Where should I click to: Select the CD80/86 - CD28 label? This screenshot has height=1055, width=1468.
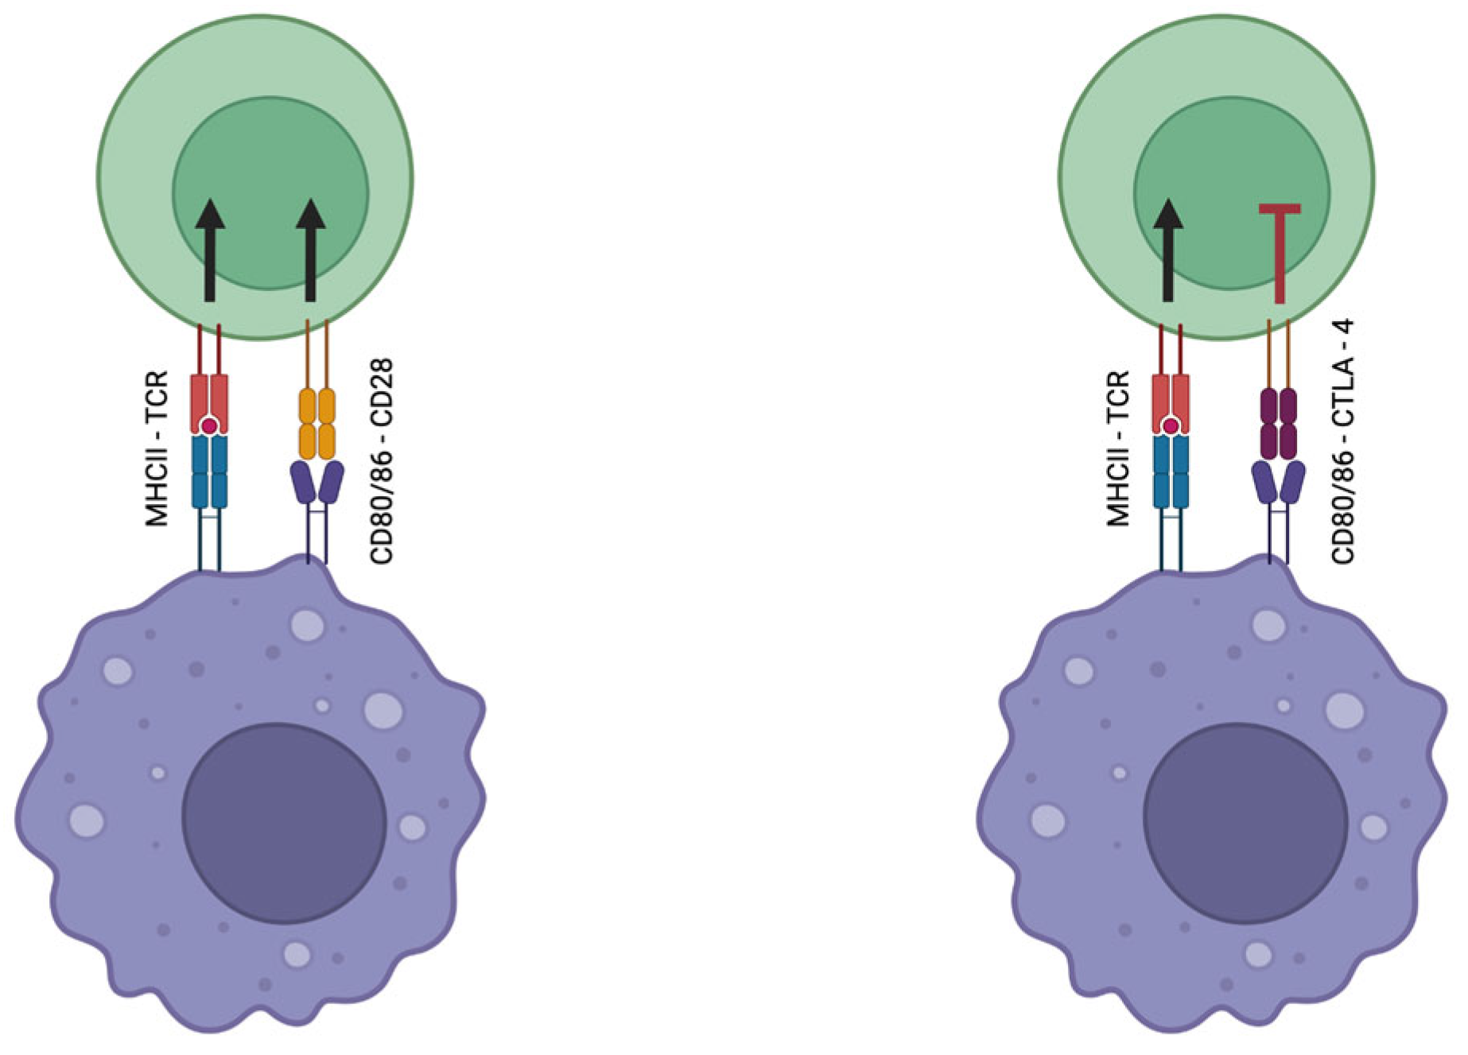(x=382, y=462)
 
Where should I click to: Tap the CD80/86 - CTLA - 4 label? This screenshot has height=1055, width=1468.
(x=1343, y=442)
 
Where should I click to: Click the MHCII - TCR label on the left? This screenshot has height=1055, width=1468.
(x=157, y=448)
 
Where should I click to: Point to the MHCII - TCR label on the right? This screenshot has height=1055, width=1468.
(x=1118, y=448)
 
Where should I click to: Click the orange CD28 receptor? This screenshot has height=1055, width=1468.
(x=317, y=423)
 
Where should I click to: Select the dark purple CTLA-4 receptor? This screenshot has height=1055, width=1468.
(x=1278, y=423)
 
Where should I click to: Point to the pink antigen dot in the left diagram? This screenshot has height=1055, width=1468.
(x=209, y=427)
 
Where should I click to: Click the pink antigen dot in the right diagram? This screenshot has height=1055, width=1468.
(x=1171, y=427)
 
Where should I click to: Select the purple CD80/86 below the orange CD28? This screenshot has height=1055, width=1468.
(x=317, y=482)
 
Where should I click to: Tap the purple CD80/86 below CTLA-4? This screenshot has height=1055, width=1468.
(x=1278, y=482)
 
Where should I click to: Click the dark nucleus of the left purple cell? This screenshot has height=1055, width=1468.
(x=284, y=823)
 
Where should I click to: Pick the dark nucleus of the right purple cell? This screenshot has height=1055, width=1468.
(x=1245, y=823)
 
